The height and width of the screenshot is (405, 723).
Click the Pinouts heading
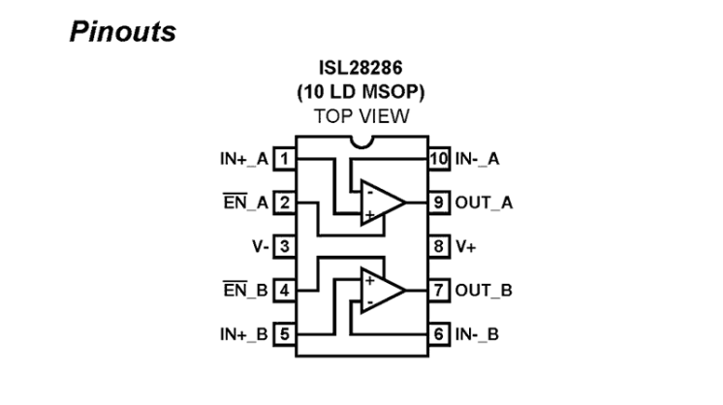coord(122,31)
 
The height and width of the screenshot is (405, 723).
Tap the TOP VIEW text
coord(361,115)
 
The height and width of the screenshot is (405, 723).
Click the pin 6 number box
coord(439,334)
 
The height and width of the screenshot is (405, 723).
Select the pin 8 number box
coord(439,246)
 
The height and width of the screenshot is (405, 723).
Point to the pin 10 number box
coord(439,158)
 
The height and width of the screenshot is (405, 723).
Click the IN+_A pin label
coord(243,158)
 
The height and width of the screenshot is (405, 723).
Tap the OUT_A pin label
coord(485,202)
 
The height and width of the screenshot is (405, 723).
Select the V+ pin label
coord(468,246)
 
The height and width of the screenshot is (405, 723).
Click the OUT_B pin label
coord(485,291)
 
